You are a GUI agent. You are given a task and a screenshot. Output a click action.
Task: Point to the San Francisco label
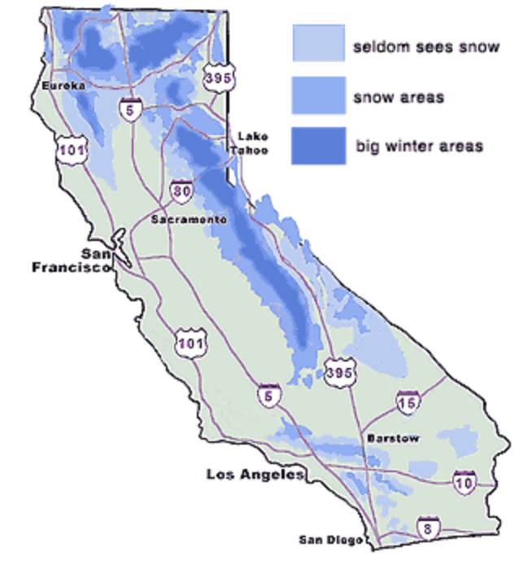click(70, 260)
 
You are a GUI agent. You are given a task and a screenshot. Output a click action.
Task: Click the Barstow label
click(393, 439)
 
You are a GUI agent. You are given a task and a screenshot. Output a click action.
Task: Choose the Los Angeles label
click(255, 474)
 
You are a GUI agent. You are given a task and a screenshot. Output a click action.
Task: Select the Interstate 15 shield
click(408, 401)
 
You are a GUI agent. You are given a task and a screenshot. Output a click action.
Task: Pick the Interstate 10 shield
click(464, 482)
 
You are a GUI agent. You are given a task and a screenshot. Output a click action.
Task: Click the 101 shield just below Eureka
click(68, 150)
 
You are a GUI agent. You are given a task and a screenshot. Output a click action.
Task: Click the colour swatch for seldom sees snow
click(317, 44)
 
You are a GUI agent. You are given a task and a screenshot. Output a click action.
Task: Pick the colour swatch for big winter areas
click(317, 147)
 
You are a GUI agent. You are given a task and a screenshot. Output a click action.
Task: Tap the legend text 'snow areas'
click(398, 98)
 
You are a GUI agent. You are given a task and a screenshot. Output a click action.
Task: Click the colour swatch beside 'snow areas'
click(317, 97)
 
